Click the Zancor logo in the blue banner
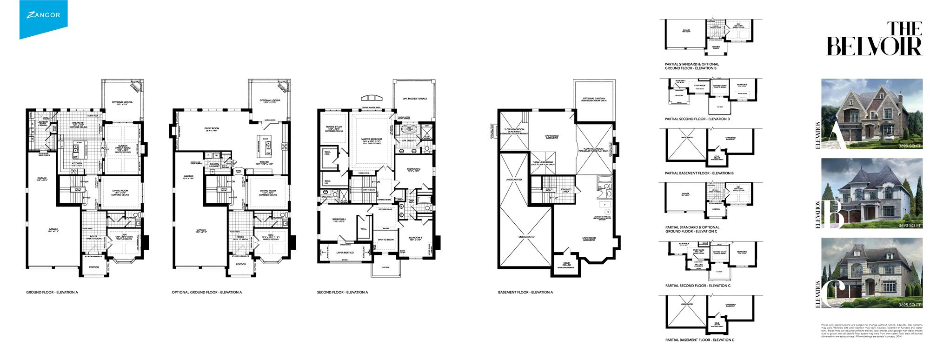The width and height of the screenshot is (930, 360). (x=43, y=15)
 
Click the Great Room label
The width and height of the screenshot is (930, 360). (x=211, y=129)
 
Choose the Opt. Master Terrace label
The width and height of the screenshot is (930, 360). (x=415, y=99)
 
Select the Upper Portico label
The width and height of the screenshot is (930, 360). (x=345, y=252)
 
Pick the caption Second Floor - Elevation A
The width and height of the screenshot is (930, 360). (x=342, y=292)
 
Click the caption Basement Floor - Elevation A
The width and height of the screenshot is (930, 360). (x=525, y=292)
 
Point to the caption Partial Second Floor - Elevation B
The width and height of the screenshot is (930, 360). (x=697, y=119)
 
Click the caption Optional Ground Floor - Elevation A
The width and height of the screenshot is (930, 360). (x=206, y=292)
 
